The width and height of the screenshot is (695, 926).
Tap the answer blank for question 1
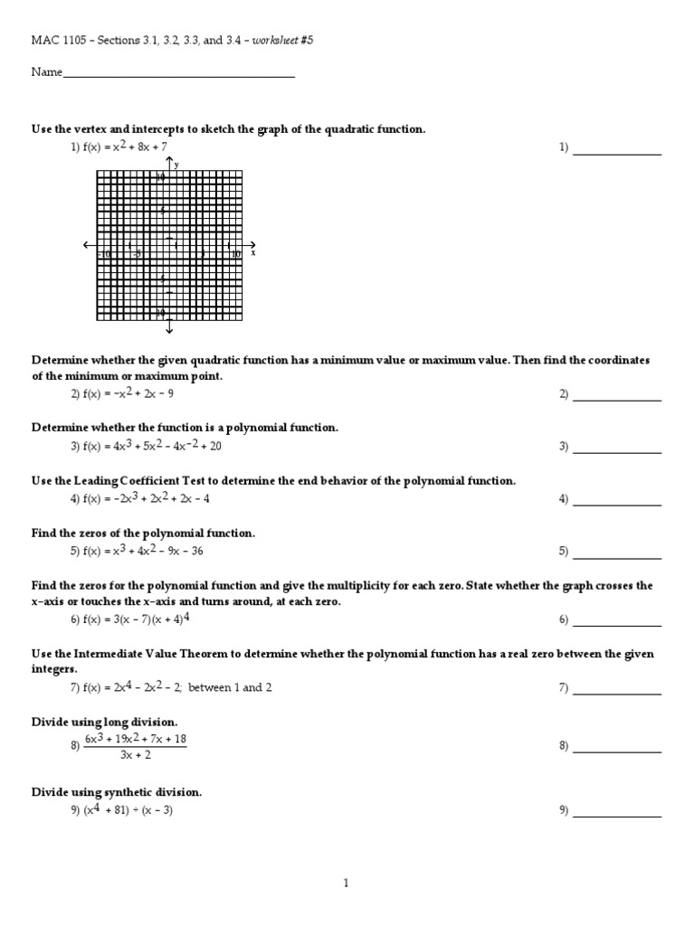617,153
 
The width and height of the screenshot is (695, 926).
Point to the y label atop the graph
176,165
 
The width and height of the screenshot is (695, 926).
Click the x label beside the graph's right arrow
253,253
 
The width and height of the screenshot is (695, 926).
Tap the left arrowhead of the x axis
86,245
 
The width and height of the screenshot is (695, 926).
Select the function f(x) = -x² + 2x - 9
128,393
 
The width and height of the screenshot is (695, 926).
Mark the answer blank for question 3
617,451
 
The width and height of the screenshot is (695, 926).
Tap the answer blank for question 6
617,625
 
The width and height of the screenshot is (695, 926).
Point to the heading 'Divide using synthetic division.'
117,792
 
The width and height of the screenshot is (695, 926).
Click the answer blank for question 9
617,816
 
